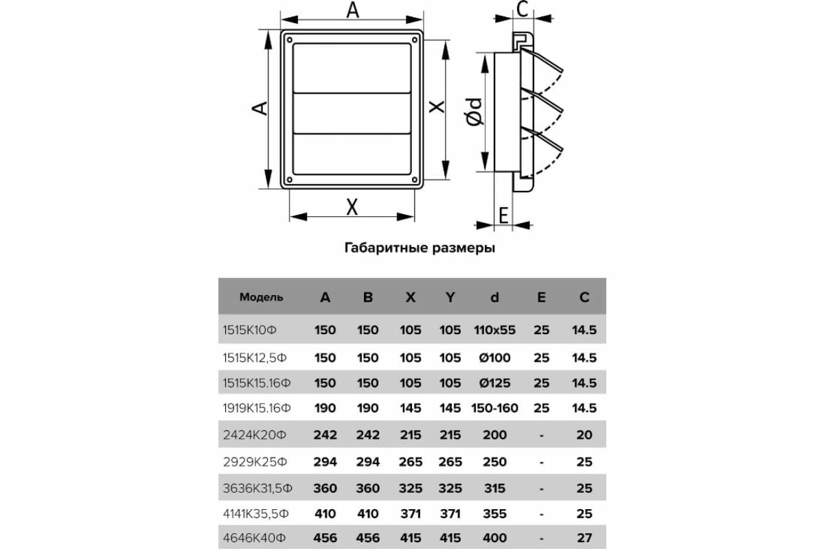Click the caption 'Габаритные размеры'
coord(419,248)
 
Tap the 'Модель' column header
coord(261,297)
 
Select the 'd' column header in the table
coord(494,297)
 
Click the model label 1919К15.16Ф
coord(257,408)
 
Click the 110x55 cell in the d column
coord(494,330)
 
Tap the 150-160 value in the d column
coord(494,408)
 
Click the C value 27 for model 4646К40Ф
coord(584,537)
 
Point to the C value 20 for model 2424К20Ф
coord(584,434)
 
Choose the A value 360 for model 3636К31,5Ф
coord(325,488)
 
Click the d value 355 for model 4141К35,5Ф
coord(494,513)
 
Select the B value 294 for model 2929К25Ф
coord(368,462)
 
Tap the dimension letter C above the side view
coord(523,10)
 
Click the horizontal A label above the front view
coord(353,10)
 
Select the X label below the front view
coord(352,207)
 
